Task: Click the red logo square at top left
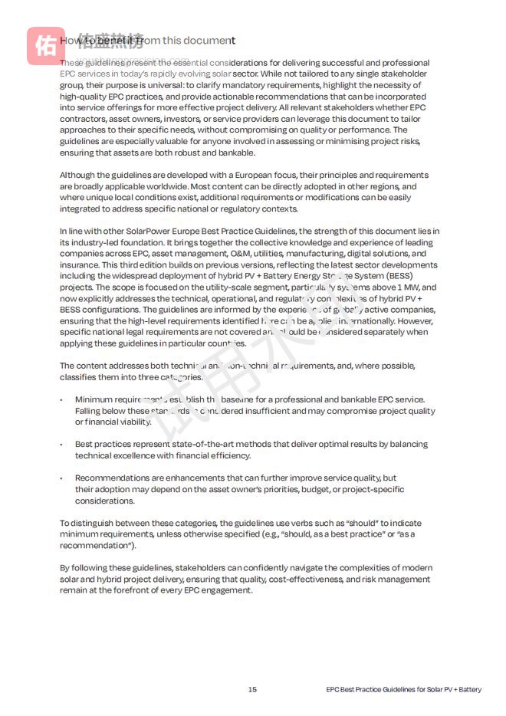click(44, 44)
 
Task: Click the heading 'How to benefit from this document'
click(147, 41)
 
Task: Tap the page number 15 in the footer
click(252, 689)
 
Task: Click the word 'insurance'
click(80, 265)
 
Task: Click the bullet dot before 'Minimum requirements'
click(61, 399)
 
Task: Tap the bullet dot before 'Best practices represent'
click(61, 445)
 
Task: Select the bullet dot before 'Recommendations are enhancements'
click(61, 478)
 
